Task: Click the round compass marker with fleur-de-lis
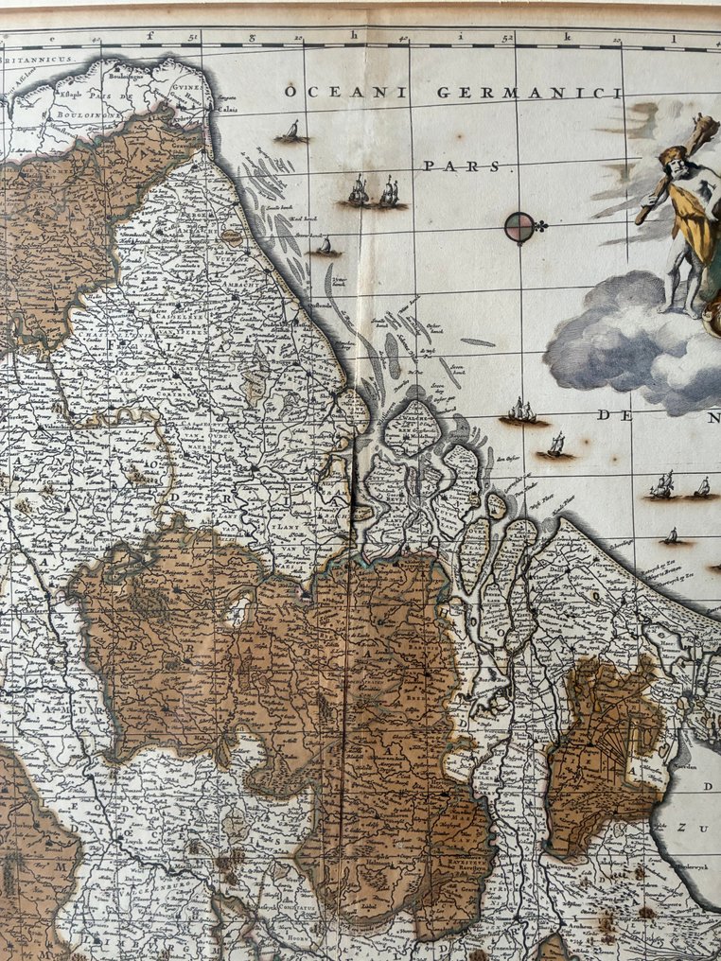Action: tap(519, 227)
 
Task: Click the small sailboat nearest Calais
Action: tap(291, 132)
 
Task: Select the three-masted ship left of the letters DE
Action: tap(522, 411)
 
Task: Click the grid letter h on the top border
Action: tap(352, 39)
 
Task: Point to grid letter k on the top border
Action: tap(569, 39)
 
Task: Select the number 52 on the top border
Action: tap(507, 39)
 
